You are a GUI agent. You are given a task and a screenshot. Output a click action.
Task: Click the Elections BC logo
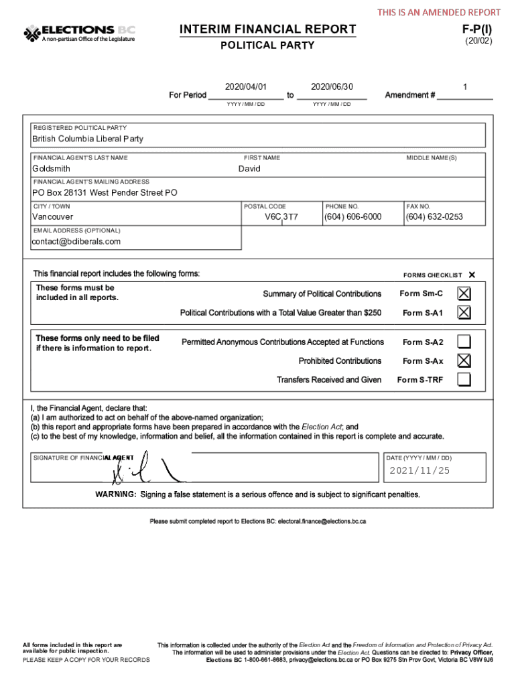(x=80, y=33)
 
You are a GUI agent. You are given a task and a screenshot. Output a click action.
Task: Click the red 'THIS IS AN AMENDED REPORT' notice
(x=438, y=12)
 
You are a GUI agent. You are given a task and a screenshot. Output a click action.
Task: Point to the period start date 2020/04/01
(x=246, y=87)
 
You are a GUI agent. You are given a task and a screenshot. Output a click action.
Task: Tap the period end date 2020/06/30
(x=332, y=87)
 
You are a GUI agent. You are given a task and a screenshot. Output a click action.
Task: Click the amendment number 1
(x=465, y=87)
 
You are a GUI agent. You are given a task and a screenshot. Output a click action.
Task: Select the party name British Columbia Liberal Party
(x=88, y=139)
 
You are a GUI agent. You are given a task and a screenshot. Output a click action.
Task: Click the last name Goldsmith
(x=52, y=169)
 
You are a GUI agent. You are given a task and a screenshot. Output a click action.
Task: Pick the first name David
(x=249, y=169)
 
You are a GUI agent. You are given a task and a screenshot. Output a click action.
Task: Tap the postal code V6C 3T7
(x=281, y=217)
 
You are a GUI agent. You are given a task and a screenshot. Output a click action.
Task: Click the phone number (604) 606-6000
(x=352, y=217)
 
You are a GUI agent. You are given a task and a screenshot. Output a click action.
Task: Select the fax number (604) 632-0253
(x=434, y=217)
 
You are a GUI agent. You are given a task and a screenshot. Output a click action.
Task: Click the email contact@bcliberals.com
(x=76, y=241)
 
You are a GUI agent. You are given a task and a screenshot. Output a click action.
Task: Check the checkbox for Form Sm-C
(x=464, y=293)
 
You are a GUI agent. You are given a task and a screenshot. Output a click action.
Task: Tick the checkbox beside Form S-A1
(x=464, y=312)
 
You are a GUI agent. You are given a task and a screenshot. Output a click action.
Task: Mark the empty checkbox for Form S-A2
(x=464, y=342)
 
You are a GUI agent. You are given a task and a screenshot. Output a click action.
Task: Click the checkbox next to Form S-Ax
(x=464, y=360)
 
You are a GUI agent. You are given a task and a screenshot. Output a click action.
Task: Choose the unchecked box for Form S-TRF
(x=464, y=380)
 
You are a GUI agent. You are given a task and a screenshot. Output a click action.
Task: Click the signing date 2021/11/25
(x=420, y=470)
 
